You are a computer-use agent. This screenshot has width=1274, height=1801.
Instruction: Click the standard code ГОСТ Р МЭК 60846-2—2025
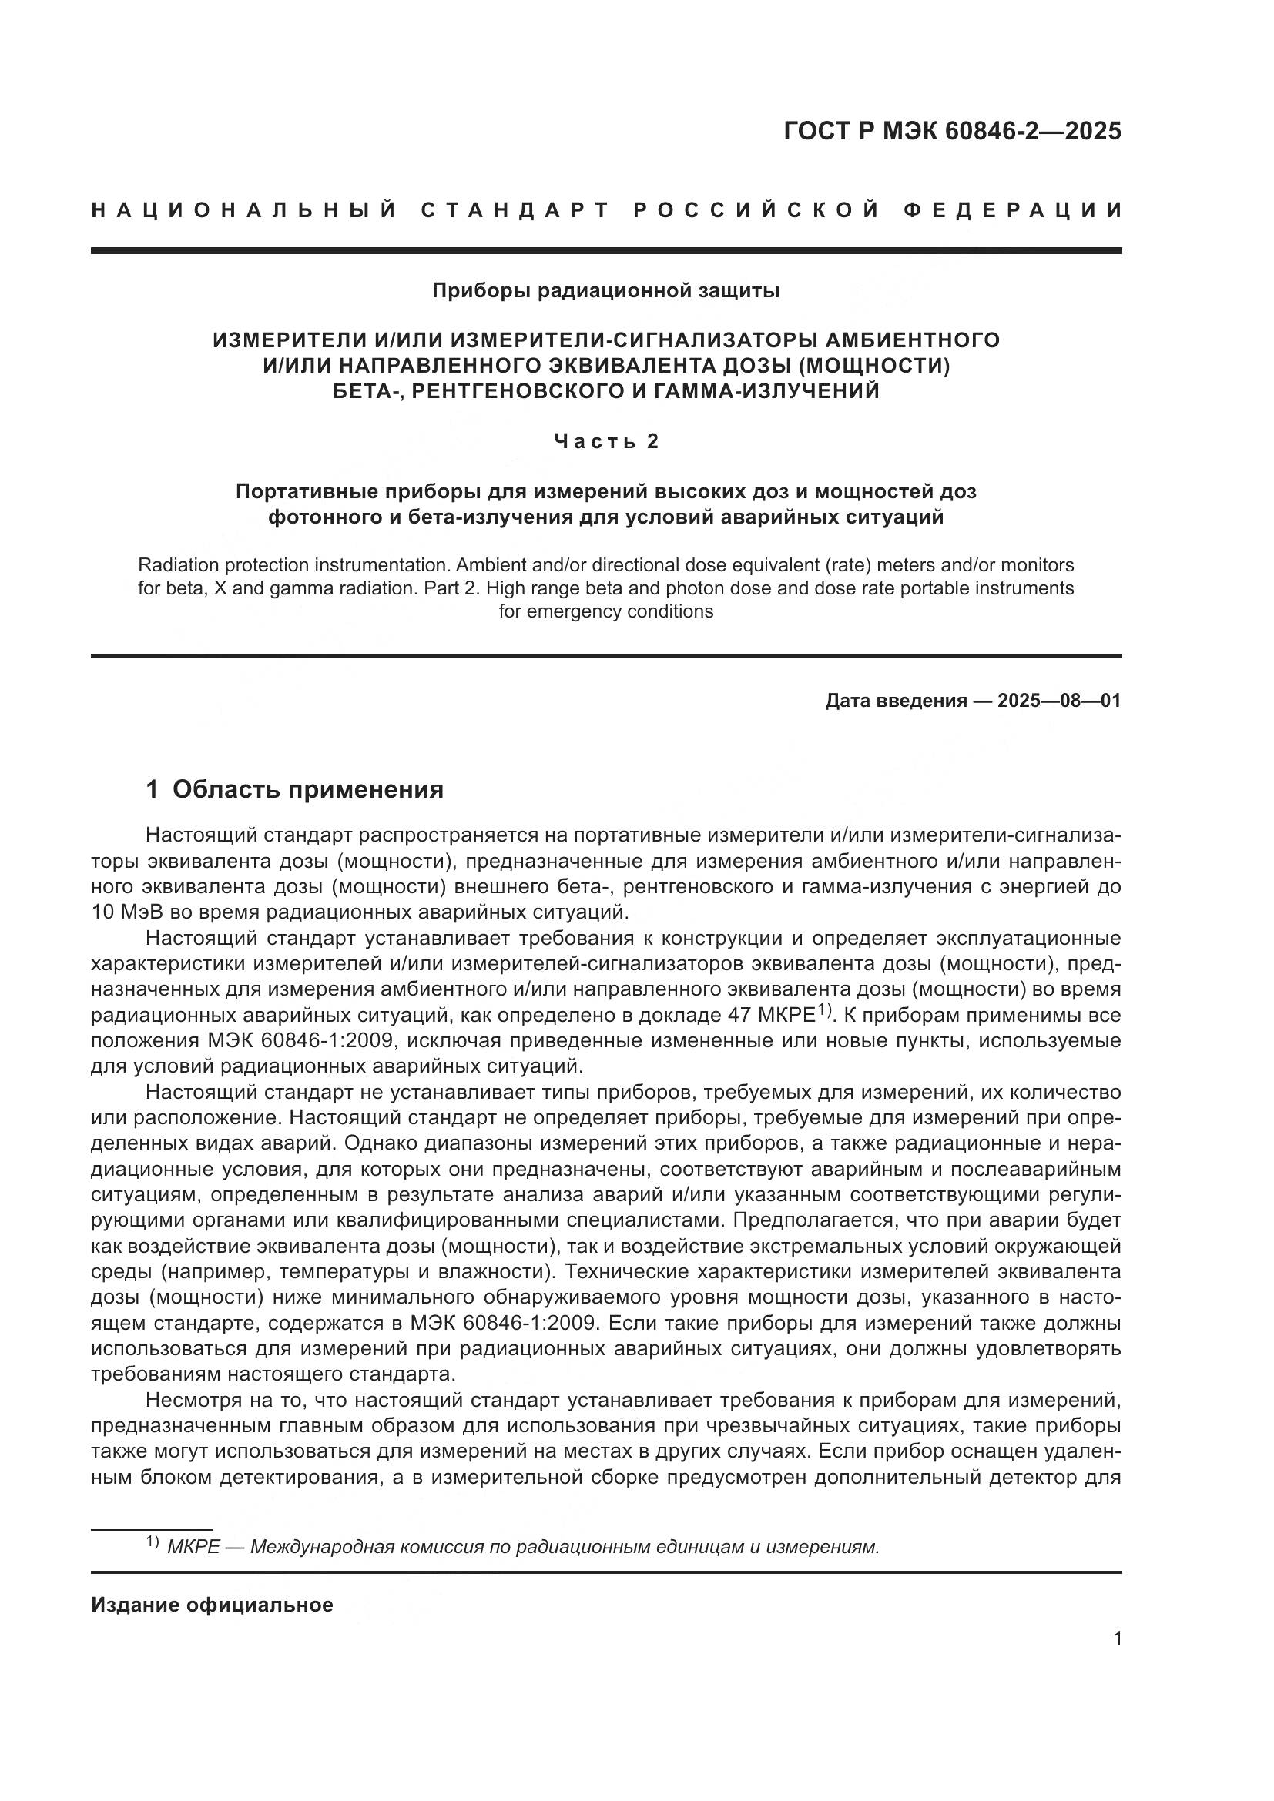pos(951,131)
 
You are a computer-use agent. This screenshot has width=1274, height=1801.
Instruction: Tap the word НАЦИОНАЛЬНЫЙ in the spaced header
pos(243,210)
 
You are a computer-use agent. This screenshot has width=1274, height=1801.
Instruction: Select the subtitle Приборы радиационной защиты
pos(605,291)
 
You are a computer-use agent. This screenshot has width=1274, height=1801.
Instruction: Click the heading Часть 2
pos(605,442)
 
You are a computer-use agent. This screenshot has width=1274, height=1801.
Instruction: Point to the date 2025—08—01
pos(1059,701)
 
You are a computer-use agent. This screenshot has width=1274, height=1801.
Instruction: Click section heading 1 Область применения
pos(295,789)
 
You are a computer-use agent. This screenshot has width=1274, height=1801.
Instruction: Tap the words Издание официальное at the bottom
pos(212,1605)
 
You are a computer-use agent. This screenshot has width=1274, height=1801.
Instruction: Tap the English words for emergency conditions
pos(605,611)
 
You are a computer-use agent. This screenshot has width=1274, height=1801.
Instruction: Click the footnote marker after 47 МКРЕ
pos(823,1009)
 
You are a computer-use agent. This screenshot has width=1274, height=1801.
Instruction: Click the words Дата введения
pos(896,701)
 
